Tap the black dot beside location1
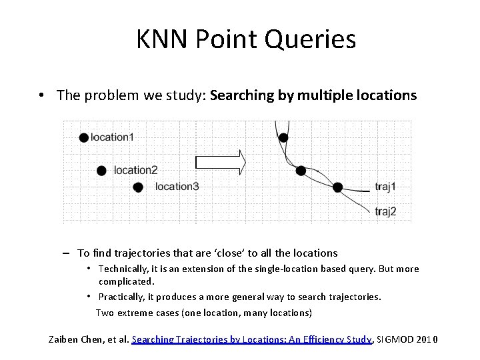click(83, 137)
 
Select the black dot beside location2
click(101, 171)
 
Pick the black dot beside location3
click(138, 187)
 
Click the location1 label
click(112, 137)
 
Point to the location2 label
click(135, 171)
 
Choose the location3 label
click(177, 187)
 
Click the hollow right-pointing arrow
click(221, 162)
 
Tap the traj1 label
click(385, 187)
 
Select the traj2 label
click(385, 211)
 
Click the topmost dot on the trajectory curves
click(283, 137)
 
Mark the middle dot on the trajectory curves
click(301, 171)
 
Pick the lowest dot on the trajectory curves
click(337, 187)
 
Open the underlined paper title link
click(251, 339)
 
